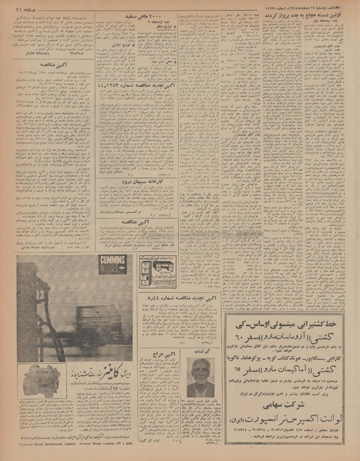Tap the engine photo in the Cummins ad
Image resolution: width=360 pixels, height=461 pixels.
40,382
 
